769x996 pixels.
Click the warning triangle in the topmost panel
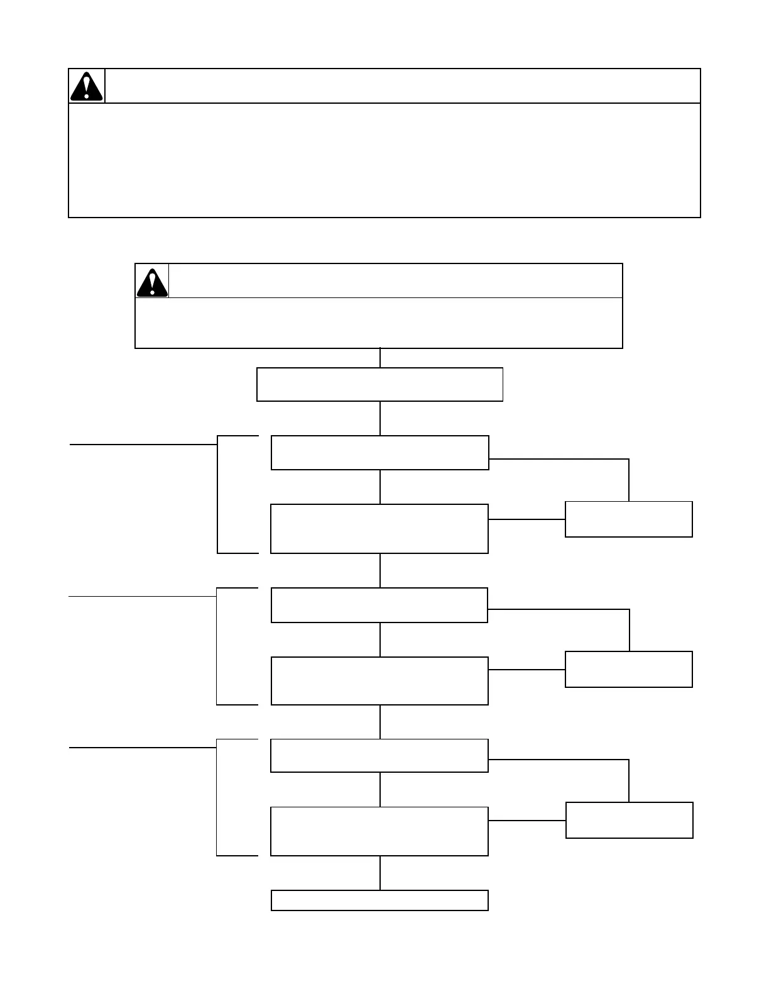tap(86, 86)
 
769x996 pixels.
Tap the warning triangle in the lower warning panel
tap(151, 282)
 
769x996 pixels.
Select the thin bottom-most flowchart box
tap(379, 900)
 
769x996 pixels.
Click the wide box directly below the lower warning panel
tap(379, 384)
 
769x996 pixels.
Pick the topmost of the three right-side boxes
tap(628, 519)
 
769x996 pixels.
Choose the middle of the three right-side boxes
tap(628, 669)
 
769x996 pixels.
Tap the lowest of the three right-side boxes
tap(629, 820)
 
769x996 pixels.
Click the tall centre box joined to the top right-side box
tap(379, 528)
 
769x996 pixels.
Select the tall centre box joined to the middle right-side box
tap(379, 680)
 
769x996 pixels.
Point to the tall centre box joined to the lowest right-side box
tap(379, 831)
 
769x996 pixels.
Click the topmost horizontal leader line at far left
tap(143, 444)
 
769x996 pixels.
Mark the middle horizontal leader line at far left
tap(142, 595)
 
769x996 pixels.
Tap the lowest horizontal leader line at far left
tap(142, 748)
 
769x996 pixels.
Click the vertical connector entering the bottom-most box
tap(379, 873)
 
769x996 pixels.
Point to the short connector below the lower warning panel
tap(379, 358)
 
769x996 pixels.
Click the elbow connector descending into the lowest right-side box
tap(628, 780)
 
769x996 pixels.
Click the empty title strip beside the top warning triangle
tap(402, 86)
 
